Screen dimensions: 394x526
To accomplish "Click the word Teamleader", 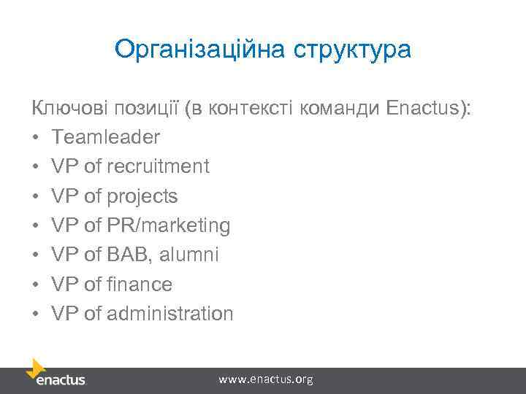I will pyautogui.click(x=106, y=137).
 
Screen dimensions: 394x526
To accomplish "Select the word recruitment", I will pyautogui.click(x=158, y=166).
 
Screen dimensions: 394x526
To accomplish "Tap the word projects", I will pyautogui.click(x=142, y=196).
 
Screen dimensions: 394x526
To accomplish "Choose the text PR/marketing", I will pyautogui.click(x=168, y=225).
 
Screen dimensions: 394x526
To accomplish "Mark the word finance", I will pyautogui.click(x=139, y=285).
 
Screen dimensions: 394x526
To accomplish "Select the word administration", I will pyautogui.click(x=169, y=314).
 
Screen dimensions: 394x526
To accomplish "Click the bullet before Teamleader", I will pyautogui.click(x=35, y=138).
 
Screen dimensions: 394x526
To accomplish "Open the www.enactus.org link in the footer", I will pyautogui.click(x=266, y=379).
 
